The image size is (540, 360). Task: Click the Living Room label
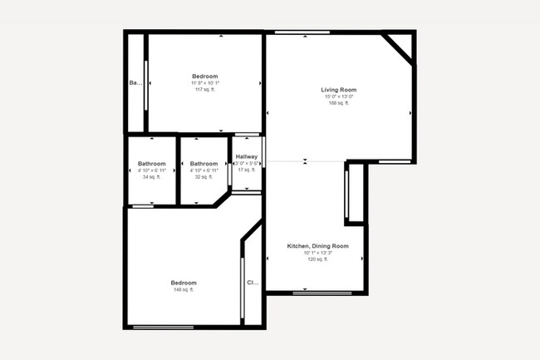(339, 90)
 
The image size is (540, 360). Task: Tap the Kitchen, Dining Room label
(317, 246)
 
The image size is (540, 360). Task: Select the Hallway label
(247, 157)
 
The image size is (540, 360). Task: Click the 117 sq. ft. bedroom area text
(204, 90)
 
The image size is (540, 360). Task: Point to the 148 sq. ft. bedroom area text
(184, 289)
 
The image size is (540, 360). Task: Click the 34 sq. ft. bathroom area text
(152, 177)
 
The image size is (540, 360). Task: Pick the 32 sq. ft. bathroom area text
(204, 177)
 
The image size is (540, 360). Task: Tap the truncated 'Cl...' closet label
(253, 283)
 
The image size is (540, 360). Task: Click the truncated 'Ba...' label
(135, 83)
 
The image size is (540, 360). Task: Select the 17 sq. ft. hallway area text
(247, 170)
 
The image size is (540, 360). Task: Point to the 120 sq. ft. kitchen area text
(317, 259)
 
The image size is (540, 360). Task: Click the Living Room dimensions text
(339, 96)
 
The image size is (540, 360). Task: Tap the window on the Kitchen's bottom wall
(315, 293)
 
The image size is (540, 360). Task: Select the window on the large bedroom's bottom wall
(164, 327)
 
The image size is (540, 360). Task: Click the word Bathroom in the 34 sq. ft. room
(152, 164)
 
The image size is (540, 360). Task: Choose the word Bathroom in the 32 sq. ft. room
(204, 164)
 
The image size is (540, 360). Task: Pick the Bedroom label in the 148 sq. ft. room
(184, 283)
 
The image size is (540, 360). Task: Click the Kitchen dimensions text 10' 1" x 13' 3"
(317, 253)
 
